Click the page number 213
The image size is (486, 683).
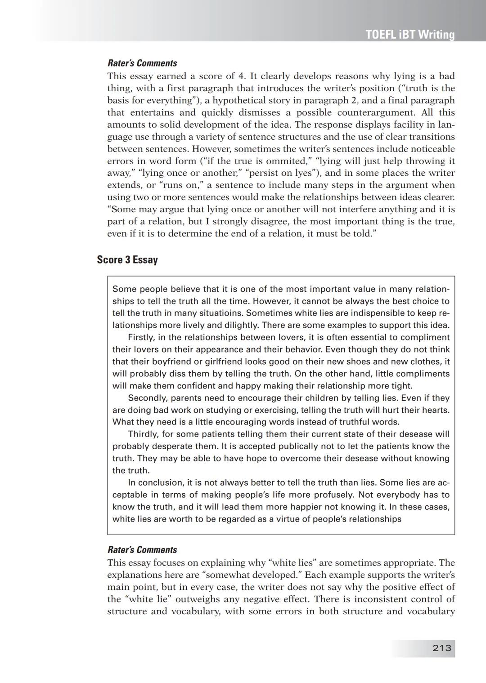click(441, 648)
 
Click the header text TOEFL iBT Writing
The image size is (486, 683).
click(410, 35)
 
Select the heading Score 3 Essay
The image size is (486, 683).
click(127, 260)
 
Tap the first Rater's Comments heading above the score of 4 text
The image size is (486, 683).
click(142, 63)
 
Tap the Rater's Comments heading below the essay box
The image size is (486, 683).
click(142, 550)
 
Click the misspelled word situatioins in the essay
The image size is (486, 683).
click(220, 313)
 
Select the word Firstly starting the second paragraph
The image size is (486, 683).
click(141, 338)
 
